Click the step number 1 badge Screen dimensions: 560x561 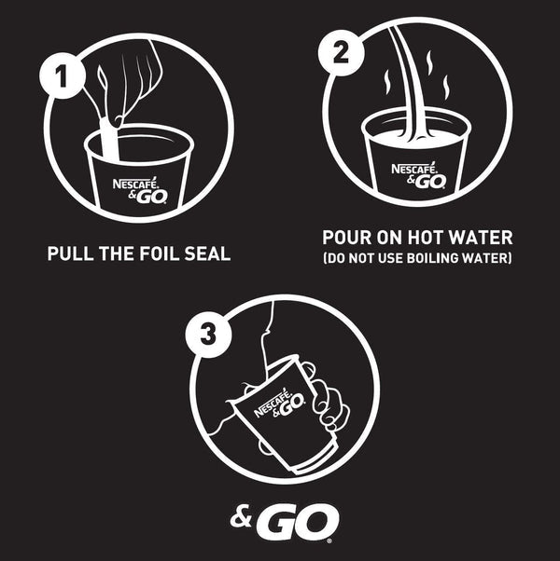point(63,75)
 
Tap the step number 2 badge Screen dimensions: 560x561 point(341,52)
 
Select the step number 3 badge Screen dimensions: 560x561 point(208,335)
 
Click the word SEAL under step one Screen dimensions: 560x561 point(207,253)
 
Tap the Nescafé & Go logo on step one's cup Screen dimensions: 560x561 point(140,190)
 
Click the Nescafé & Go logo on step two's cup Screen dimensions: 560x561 point(419,175)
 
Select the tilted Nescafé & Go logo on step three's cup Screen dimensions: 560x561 point(280,404)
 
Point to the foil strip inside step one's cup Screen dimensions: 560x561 point(109,140)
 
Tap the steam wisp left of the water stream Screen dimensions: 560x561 point(386,82)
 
